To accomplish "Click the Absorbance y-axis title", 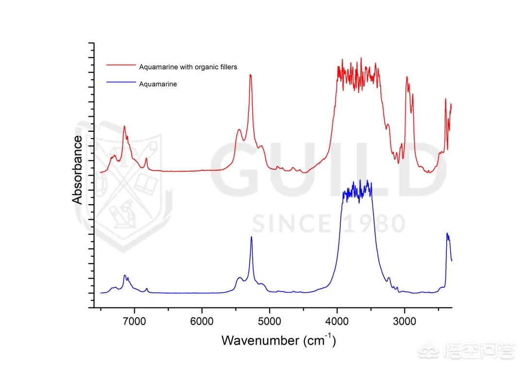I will pos(78,170).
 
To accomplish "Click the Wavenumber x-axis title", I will pos(279,340).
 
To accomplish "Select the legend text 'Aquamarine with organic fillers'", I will pos(188,67).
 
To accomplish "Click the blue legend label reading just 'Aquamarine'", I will pos(158,84).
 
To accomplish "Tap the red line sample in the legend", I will pos(120,65).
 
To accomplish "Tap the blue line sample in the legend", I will pos(120,82).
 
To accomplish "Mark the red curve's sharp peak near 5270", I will pos(250,75).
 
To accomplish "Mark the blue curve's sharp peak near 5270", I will pos(251,237).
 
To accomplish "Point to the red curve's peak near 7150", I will pos(124,126).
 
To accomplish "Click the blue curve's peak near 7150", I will pos(125,275).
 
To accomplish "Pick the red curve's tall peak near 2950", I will pos(406,77).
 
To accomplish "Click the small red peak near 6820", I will pos(146,158).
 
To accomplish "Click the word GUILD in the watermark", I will pos(326,170).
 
